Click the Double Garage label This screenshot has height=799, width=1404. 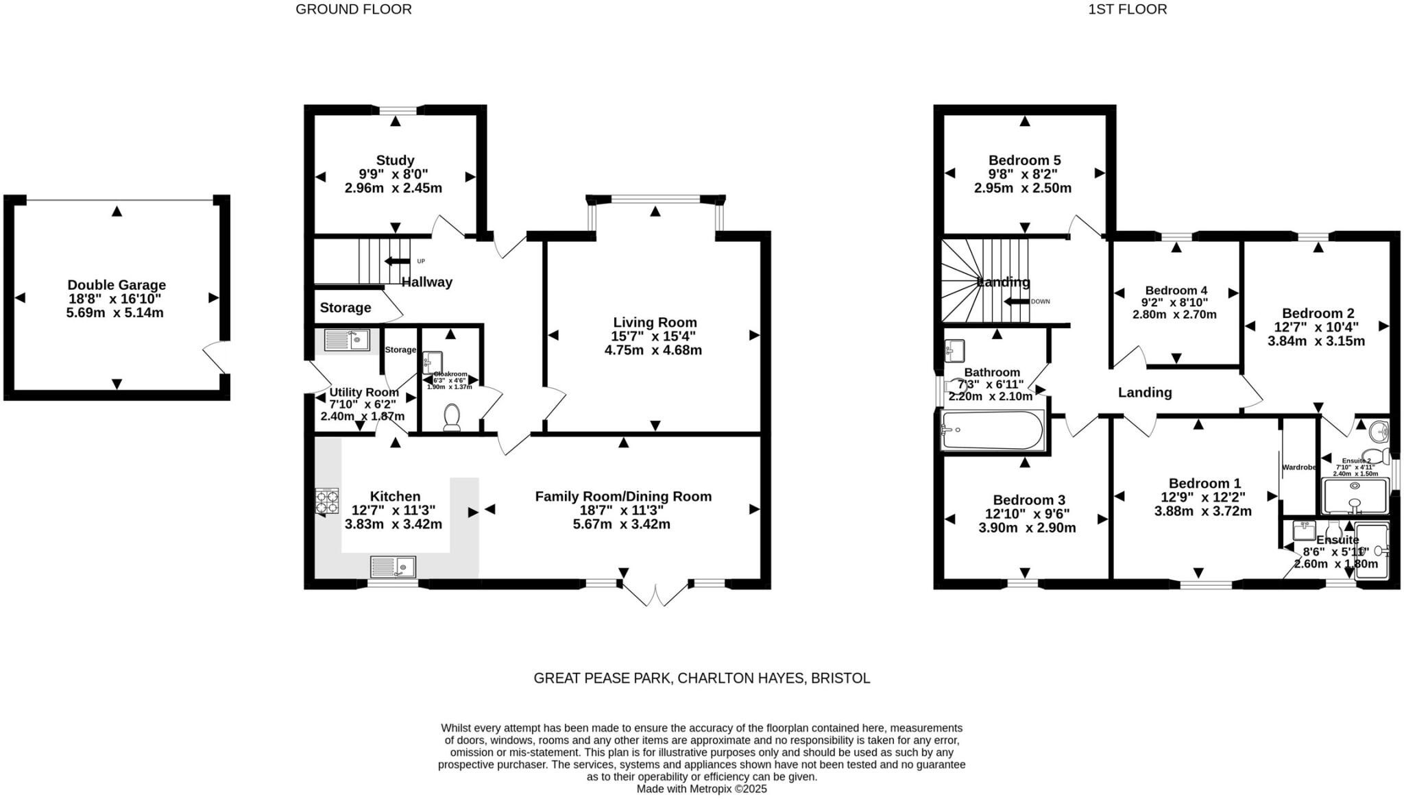(x=117, y=285)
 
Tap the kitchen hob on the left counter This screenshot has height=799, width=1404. (x=327, y=501)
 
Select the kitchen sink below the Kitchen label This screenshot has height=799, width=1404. (x=393, y=567)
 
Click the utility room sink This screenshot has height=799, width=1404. (x=347, y=340)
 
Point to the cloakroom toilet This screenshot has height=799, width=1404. (x=452, y=417)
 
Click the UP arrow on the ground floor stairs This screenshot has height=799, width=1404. (x=397, y=261)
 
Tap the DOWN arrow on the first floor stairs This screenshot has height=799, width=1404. (x=1017, y=302)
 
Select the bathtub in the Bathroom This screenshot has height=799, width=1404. (x=993, y=430)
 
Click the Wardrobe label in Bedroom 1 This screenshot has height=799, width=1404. (x=1298, y=467)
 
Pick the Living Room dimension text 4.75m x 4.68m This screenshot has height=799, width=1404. (x=653, y=350)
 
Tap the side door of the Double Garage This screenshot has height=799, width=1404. (x=215, y=357)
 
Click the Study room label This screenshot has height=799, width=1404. (x=395, y=160)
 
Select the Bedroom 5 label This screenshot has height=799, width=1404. (x=1024, y=160)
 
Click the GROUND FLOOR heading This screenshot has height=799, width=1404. (x=354, y=10)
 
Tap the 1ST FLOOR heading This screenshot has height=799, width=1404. (x=1127, y=10)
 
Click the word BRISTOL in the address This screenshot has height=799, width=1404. (x=840, y=678)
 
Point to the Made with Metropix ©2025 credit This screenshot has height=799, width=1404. (x=701, y=789)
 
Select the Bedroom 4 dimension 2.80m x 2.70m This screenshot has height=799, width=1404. (x=1174, y=315)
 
